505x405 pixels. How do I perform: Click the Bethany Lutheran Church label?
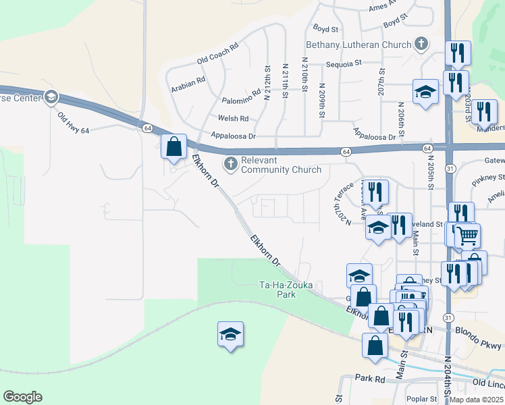point(358,45)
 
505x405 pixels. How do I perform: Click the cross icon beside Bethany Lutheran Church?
point(421,45)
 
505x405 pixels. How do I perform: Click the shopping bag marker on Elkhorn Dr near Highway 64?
point(174,146)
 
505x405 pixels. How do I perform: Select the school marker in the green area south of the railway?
point(230,333)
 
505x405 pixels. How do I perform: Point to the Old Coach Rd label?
point(218,55)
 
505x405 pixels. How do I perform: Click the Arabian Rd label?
point(188,82)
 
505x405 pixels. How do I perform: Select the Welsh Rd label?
point(234,118)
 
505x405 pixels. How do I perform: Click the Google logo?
point(22,397)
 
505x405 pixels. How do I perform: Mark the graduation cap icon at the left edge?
point(51,99)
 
